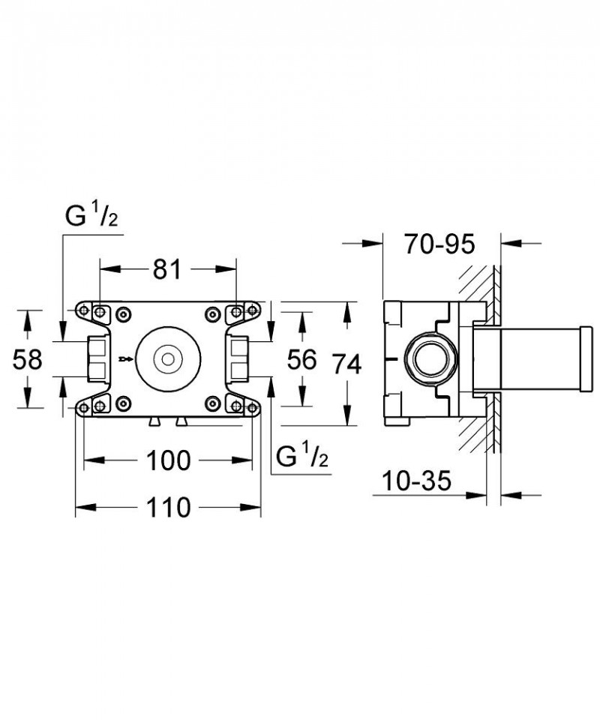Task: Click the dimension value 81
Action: tap(168, 268)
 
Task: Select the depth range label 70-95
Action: tap(439, 244)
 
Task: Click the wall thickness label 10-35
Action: tap(415, 480)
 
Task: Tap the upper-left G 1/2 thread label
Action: tap(91, 217)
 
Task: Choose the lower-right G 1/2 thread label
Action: tap(302, 455)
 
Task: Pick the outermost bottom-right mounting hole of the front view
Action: tap(253, 406)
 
